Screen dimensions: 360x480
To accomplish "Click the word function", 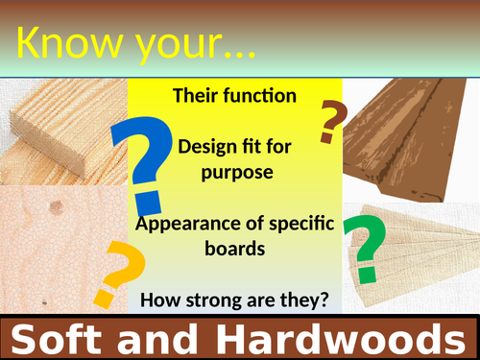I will click(265, 96).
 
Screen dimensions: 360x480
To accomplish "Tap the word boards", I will click(235, 249).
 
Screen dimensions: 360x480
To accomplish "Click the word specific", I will click(298, 224).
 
